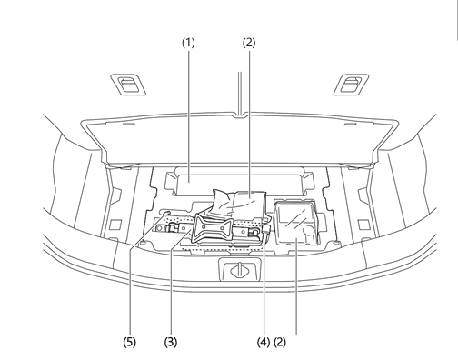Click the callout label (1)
[188, 43]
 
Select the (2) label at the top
[249, 43]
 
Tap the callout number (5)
[130, 343]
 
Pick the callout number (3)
[171, 343]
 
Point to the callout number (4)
[264, 343]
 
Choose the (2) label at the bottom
[280, 343]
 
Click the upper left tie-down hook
[128, 85]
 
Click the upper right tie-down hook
[352, 85]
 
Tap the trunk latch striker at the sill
[240, 269]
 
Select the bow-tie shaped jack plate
[214, 228]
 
